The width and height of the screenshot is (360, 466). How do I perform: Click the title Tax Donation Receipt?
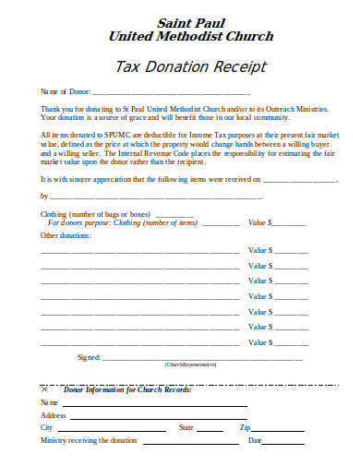coord(191,66)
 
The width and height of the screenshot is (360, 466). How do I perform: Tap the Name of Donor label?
coord(64,93)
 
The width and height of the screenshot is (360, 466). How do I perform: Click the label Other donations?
coord(66,235)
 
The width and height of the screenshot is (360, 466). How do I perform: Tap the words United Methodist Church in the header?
coord(191,36)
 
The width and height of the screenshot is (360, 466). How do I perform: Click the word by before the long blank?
coord(44,196)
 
